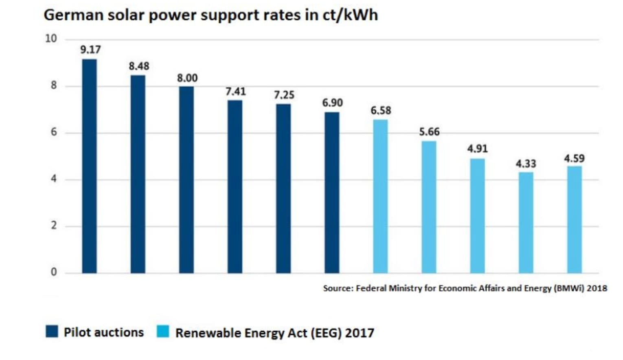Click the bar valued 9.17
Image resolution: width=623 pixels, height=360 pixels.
[90, 166]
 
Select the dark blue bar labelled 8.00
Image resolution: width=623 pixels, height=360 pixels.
[186, 180]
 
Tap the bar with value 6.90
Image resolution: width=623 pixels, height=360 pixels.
[332, 192]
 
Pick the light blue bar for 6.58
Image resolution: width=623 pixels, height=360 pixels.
[380, 196]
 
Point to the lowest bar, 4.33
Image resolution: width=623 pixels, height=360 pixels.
[526, 222]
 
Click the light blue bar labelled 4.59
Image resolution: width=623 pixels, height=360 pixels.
[574, 220]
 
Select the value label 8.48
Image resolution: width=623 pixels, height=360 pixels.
[139, 66]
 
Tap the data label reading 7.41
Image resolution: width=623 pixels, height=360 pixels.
[236, 92]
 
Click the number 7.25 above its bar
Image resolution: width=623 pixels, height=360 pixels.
[284, 95]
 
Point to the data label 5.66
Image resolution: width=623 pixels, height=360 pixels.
[429, 132]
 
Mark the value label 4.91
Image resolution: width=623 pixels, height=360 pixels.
[477, 149]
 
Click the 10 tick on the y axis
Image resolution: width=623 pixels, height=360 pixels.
[51, 39]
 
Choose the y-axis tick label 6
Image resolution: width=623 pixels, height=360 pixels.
[54, 132]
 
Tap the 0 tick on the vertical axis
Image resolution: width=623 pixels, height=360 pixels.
[54, 272]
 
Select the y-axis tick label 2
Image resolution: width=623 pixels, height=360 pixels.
[54, 226]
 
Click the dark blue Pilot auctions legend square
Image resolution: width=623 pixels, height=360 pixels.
[52, 331]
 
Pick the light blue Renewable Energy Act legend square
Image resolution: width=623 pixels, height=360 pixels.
[163, 331]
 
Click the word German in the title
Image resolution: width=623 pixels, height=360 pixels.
[73, 15]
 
